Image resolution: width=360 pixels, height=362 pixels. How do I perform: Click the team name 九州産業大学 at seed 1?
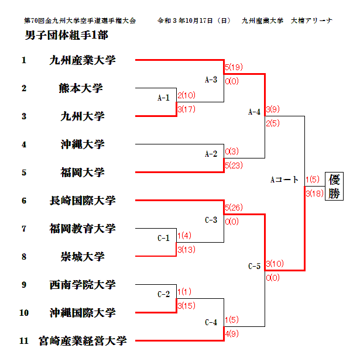(x=82, y=60)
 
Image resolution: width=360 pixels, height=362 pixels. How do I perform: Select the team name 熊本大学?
(x=81, y=88)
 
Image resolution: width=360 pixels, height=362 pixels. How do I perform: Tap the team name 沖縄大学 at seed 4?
(x=82, y=144)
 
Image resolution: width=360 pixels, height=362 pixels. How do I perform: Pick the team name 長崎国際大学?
(x=82, y=201)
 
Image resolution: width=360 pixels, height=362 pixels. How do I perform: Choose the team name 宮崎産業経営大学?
(x=82, y=340)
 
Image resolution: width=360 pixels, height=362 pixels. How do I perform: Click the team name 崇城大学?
(x=82, y=256)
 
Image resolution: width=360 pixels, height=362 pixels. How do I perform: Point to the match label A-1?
(x=163, y=98)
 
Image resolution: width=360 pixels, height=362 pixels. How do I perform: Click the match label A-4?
(x=254, y=112)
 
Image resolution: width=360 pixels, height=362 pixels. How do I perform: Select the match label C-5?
(x=254, y=266)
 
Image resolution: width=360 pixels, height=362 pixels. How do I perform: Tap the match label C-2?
(x=163, y=294)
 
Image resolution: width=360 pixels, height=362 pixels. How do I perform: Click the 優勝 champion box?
(x=334, y=187)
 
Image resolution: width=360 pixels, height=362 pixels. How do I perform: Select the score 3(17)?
(x=187, y=109)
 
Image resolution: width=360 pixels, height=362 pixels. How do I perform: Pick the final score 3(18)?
(x=315, y=194)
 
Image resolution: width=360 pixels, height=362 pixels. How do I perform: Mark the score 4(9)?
(x=232, y=334)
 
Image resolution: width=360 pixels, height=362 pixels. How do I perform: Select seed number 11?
(x=24, y=340)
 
